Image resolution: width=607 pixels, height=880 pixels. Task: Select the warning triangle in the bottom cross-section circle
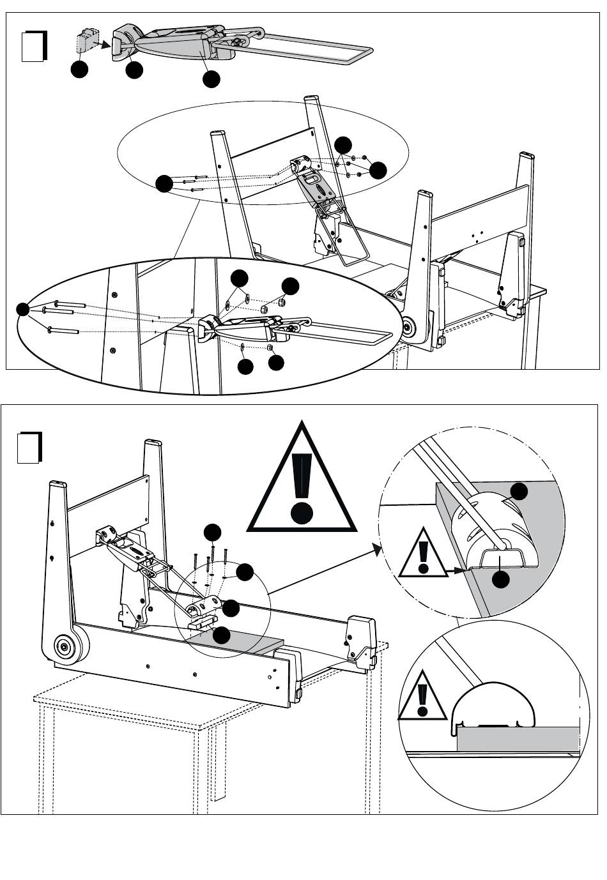pos(422,696)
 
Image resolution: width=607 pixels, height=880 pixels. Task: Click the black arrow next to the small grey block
pos(100,44)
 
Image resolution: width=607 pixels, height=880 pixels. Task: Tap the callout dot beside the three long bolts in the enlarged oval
pos(23,309)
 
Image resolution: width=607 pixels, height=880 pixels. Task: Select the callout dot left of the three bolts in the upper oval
pos(164,184)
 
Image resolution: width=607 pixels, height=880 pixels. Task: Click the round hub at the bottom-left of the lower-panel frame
pos(64,647)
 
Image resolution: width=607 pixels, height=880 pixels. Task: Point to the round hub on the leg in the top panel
pos(407,327)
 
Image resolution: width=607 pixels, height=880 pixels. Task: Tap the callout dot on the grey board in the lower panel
pos(221,635)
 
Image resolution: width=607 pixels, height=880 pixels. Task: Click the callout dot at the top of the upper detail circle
pos(520,491)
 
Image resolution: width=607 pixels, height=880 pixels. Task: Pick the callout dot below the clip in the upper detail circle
pos(502,579)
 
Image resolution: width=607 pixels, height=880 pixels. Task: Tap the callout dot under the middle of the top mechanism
pos(211,79)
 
